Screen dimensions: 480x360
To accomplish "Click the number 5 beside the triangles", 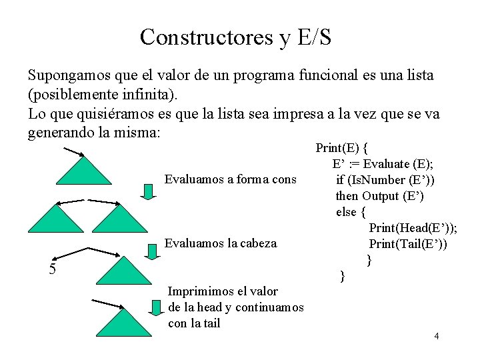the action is click(51, 269).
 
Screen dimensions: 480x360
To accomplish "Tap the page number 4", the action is click(436, 335).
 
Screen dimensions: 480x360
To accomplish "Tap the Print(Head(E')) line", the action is click(413, 228).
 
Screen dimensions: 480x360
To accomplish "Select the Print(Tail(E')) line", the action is click(408, 244).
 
